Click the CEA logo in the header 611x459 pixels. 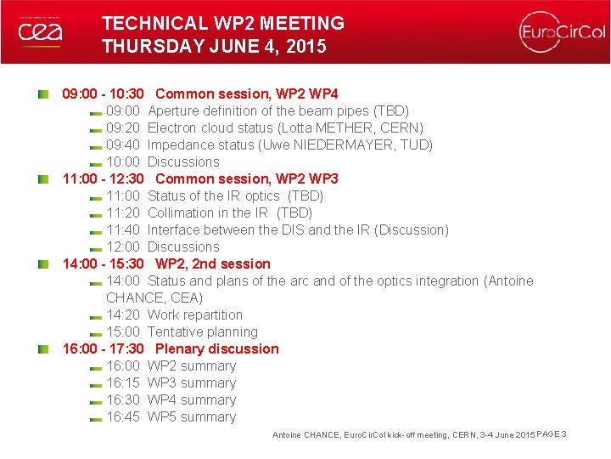click(x=40, y=31)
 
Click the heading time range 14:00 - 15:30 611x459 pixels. click(x=103, y=263)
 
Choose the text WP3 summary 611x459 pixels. click(x=192, y=382)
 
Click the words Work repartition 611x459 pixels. click(x=195, y=314)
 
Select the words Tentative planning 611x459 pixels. click(x=203, y=331)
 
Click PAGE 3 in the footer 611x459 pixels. click(x=552, y=434)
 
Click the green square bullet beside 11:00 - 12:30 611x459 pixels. click(x=42, y=178)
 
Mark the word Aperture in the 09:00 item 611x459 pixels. click(x=174, y=110)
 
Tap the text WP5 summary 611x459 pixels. click(x=192, y=416)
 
